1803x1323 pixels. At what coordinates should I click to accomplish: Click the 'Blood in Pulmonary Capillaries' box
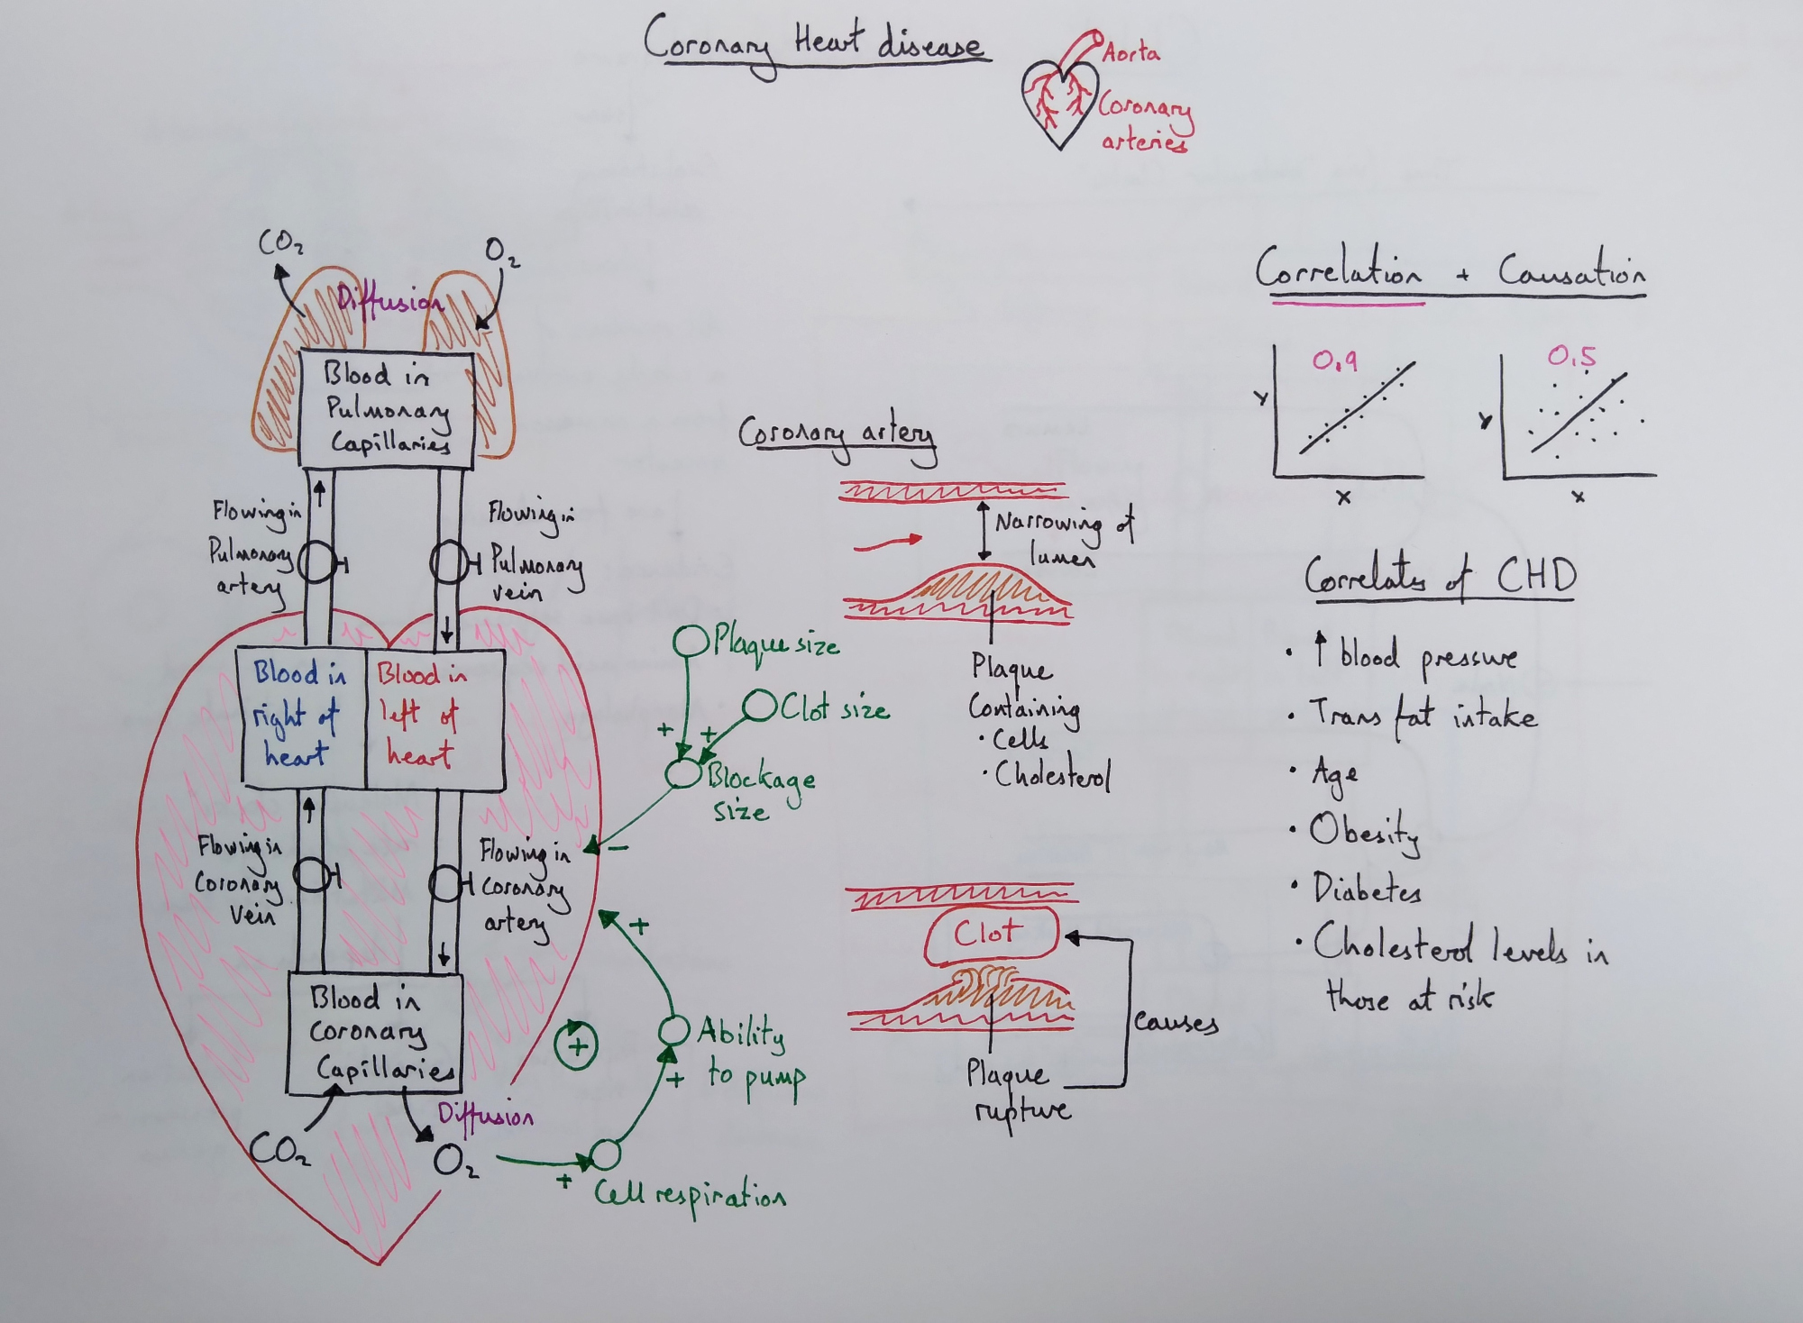click(386, 410)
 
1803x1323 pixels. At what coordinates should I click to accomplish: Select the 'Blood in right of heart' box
click(301, 718)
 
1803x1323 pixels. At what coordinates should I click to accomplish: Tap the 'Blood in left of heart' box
click(433, 718)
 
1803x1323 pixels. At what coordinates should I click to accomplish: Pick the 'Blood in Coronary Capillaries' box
click(374, 1034)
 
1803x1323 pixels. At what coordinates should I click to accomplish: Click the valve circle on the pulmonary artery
click(316, 563)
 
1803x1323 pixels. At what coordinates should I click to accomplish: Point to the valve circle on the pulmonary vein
click(448, 563)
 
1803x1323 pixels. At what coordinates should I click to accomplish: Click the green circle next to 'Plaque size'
click(691, 642)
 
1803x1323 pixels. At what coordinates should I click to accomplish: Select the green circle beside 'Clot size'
click(759, 707)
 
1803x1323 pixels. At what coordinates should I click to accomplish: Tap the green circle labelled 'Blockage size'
click(682, 773)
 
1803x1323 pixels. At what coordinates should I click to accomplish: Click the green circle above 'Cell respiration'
click(605, 1154)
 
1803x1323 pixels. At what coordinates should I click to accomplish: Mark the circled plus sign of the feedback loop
click(577, 1046)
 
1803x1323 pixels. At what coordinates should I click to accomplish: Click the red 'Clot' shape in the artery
click(990, 935)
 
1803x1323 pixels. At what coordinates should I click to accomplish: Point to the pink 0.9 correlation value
click(1334, 361)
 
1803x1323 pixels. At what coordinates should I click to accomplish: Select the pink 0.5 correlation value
click(1570, 357)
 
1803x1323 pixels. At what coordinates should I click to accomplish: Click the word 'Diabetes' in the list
click(1367, 889)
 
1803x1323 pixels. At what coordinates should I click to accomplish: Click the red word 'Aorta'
click(1130, 53)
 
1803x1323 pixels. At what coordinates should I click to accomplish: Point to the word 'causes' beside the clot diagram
click(1176, 1022)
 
